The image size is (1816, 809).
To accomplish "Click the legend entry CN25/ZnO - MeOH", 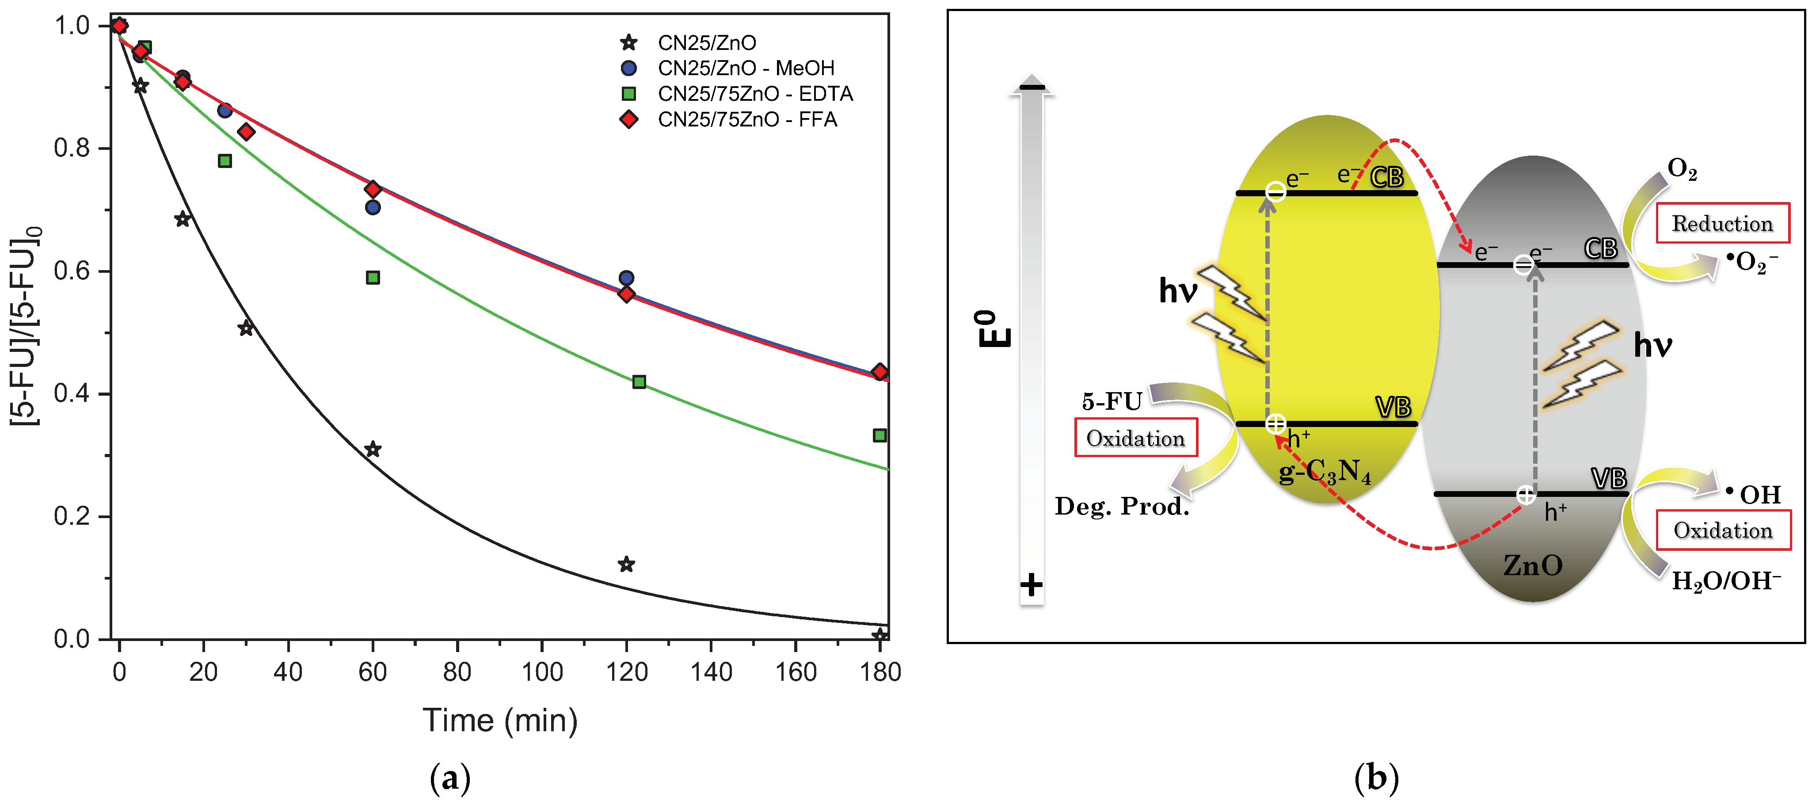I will pos(745,69).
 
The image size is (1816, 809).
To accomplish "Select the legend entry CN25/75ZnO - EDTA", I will pos(754,94).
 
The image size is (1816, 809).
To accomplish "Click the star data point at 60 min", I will pos(373,449).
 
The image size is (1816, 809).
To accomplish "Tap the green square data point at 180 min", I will pos(879,435).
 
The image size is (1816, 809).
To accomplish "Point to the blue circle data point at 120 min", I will pos(626,278).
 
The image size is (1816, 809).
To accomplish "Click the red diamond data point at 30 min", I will pos(246,132).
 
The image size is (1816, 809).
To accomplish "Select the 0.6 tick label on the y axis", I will pos(72,271).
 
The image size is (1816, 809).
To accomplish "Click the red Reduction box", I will pos(1721,224).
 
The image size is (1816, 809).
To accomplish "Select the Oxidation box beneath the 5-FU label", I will pos(1135,438).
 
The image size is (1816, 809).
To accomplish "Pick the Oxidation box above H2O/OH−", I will pos(1722,530).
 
